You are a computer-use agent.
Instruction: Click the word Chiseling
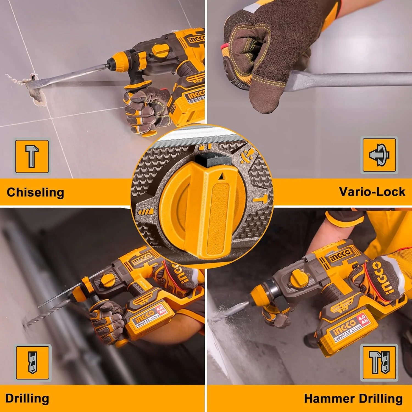click(35, 193)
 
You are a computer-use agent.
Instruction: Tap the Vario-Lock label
click(372, 192)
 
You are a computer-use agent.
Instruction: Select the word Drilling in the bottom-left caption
click(27, 399)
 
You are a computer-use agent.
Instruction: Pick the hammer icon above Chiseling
click(32, 156)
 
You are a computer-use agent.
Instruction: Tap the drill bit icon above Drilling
click(33, 363)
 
